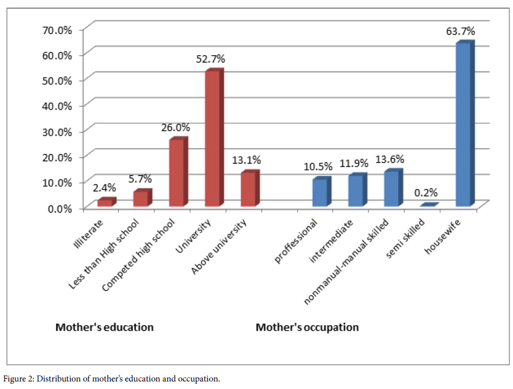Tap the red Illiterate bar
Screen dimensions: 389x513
click(106, 203)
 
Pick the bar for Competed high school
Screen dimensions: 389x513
click(177, 173)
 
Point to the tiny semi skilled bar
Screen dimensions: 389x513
click(428, 205)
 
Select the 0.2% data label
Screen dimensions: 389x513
click(426, 192)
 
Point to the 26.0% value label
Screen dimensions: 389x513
click(175, 128)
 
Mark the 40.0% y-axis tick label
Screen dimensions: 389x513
click(57, 106)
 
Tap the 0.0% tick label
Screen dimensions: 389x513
click(59, 208)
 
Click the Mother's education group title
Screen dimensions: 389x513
click(105, 327)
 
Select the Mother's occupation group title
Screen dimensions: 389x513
click(307, 327)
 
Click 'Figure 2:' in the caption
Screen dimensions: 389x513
click(18, 378)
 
